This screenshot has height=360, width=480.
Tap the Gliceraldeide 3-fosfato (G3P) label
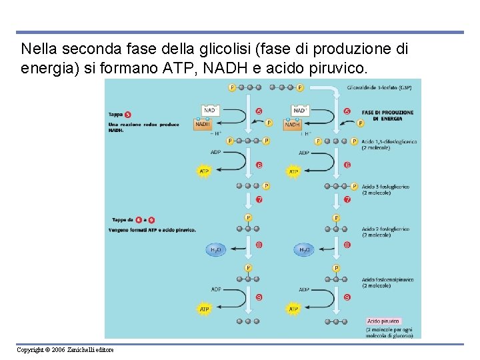pos(383,87)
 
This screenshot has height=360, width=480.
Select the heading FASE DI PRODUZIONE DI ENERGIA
pos(387,115)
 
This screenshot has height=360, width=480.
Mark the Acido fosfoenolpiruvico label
pos(387,283)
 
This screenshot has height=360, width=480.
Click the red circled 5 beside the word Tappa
pos(127,115)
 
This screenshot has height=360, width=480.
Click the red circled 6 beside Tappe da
pos(138,219)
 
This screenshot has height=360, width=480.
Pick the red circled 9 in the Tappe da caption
pos(152,219)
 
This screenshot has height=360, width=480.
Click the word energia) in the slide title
pos(45,68)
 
